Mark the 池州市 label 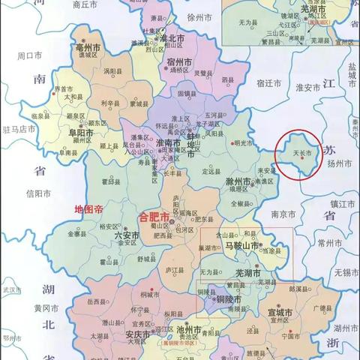point(187,330)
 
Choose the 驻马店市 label point(19,129)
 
